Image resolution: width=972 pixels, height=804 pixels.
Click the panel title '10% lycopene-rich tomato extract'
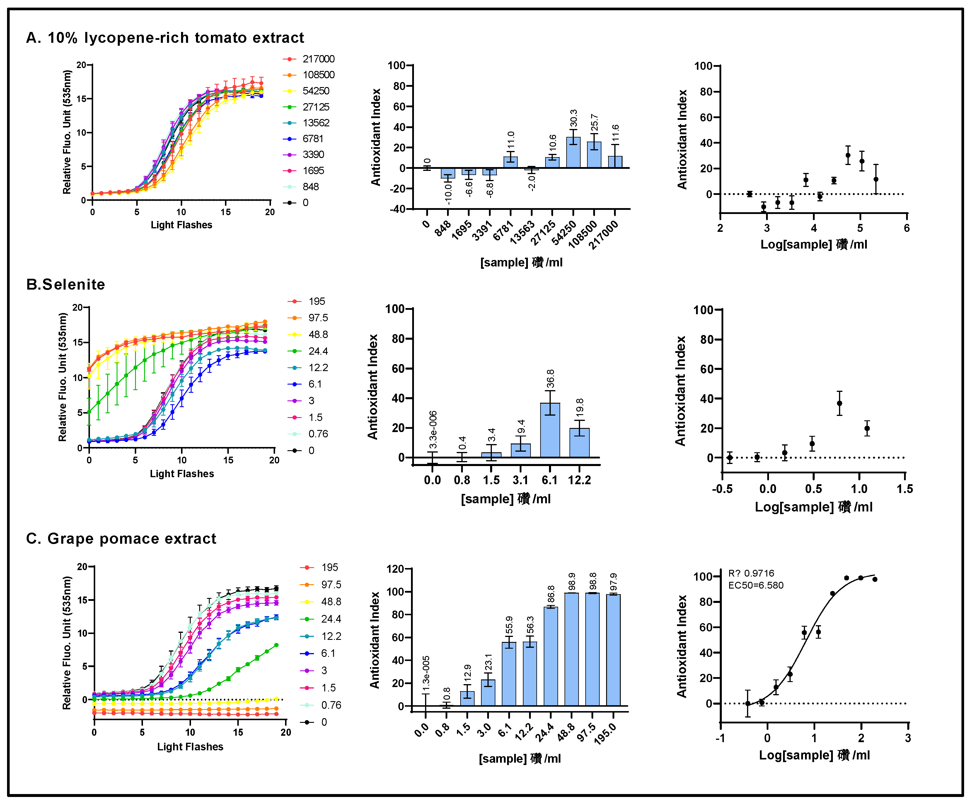[175, 38]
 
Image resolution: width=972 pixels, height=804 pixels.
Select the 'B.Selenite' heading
[66, 284]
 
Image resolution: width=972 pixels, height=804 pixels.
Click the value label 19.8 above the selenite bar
[579, 407]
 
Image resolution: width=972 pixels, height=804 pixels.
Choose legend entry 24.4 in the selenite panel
[318, 351]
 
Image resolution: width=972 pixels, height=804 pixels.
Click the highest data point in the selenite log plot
[839, 403]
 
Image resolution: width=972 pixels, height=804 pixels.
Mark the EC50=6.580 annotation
[756, 585]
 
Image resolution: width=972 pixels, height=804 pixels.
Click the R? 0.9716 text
[751, 573]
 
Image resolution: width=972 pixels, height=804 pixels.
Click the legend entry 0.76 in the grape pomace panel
[331, 705]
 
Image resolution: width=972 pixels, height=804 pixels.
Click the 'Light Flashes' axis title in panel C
[190, 747]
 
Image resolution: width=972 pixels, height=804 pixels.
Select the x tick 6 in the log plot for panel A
[906, 228]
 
